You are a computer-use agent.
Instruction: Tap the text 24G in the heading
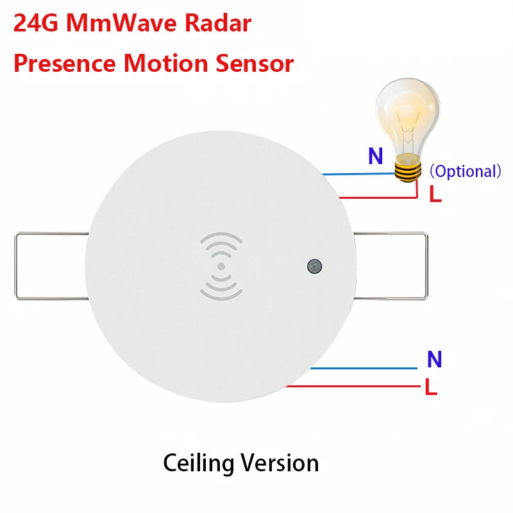point(36,24)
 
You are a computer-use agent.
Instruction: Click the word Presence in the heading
point(64,63)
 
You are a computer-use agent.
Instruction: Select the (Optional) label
point(464,172)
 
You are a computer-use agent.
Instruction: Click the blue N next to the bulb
point(375,156)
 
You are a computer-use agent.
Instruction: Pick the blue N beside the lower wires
point(434,360)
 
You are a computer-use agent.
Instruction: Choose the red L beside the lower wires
point(431,387)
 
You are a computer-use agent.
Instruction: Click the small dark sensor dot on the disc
point(314,265)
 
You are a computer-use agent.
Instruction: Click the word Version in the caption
point(280,462)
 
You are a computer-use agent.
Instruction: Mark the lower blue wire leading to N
point(366,369)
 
